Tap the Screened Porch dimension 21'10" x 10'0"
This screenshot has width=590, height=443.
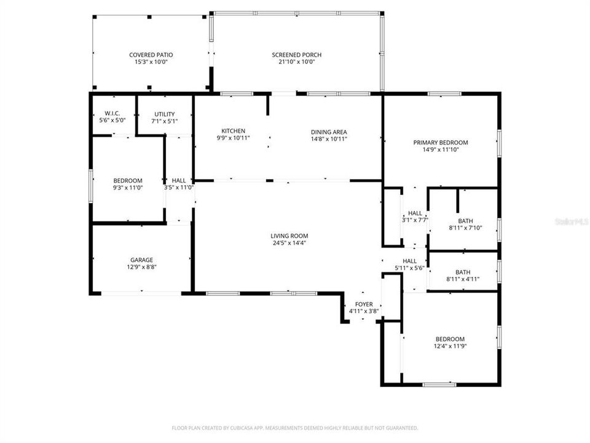pyautogui.click(x=296, y=62)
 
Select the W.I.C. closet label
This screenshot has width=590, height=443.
pyautogui.click(x=112, y=114)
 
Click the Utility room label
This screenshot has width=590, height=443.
pyautogui.click(x=164, y=114)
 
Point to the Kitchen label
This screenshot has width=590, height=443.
pyautogui.click(x=234, y=131)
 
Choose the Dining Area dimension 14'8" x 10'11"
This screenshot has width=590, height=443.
pyautogui.click(x=329, y=139)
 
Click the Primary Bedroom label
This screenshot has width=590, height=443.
pyautogui.click(x=440, y=142)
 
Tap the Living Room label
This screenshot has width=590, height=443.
pyautogui.click(x=289, y=236)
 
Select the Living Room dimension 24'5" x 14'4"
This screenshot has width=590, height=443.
pyautogui.click(x=289, y=243)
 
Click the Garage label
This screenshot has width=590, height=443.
pyautogui.click(x=141, y=260)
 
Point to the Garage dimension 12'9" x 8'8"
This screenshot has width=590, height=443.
pyautogui.click(x=141, y=267)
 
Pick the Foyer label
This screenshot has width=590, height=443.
pyautogui.click(x=364, y=304)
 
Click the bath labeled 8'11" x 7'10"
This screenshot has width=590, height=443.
pyautogui.click(x=465, y=224)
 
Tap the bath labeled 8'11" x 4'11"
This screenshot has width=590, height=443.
pyautogui.click(x=462, y=275)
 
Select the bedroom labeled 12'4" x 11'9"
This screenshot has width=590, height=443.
pyautogui.click(x=450, y=343)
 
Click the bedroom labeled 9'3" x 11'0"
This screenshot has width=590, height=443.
pyautogui.click(x=127, y=184)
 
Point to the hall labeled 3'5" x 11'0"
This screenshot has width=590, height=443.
pyautogui.click(x=179, y=184)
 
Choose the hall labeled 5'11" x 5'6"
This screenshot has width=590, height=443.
pyautogui.click(x=410, y=265)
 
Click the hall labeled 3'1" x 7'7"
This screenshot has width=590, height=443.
pyautogui.click(x=415, y=217)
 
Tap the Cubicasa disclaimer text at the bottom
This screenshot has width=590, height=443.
pyautogui.click(x=294, y=428)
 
